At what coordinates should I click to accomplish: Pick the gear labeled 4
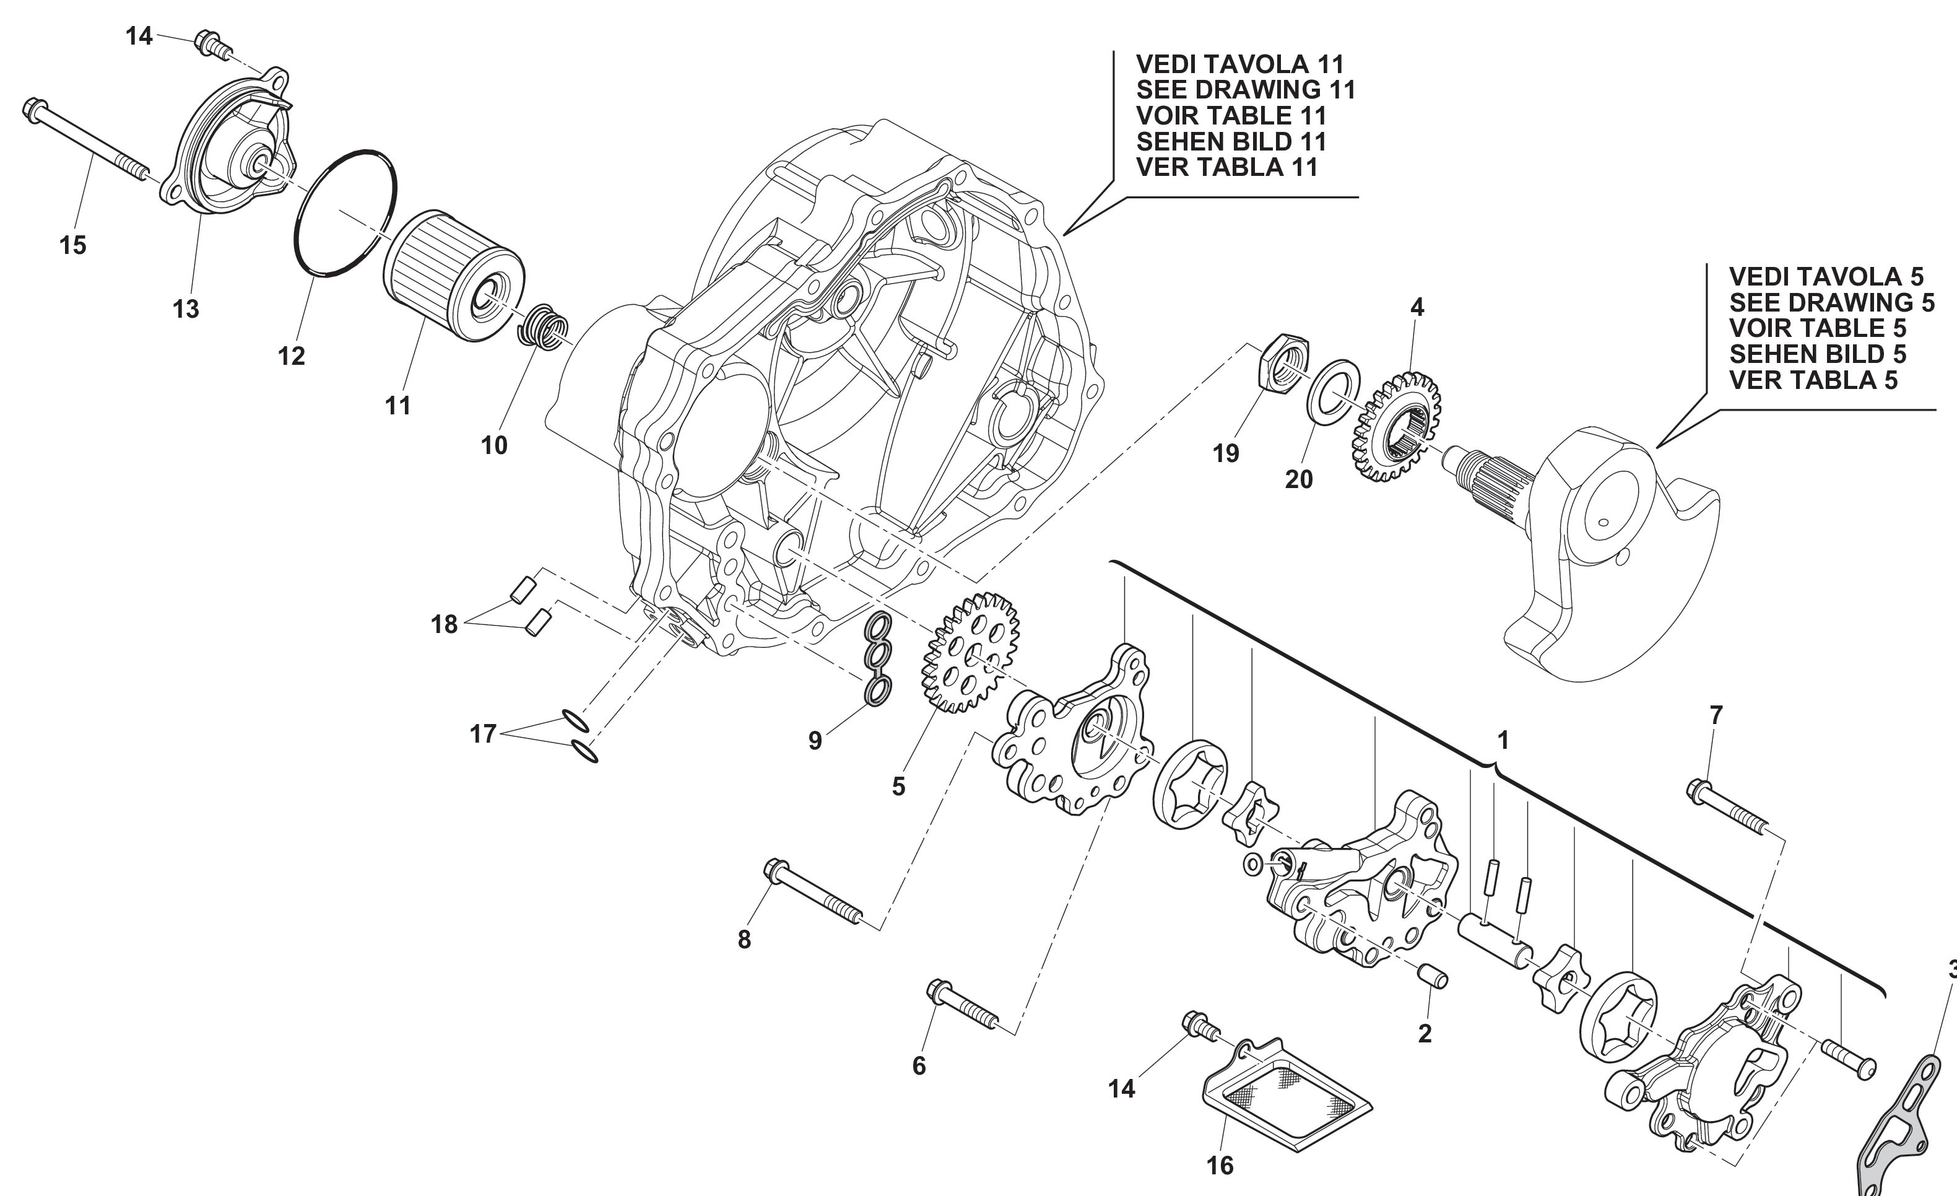[x=1395, y=427]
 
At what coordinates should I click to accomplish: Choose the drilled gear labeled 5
[x=970, y=651]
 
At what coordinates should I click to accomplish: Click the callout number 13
[x=186, y=309]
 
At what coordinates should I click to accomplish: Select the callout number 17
[x=483, y=733]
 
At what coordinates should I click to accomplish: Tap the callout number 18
[x=445, y=624]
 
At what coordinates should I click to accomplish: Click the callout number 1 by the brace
[x=1502, y=741]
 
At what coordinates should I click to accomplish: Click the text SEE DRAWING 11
[x=1246, y=90]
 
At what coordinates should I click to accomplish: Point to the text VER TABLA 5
[x=1813, y=380]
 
